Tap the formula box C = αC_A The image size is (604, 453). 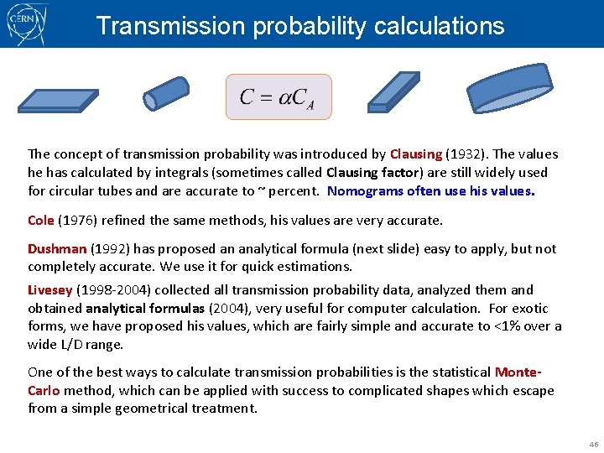[279, 96]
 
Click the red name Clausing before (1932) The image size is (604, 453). [415, 154]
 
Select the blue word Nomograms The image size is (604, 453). [365, 191]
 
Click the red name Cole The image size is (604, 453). [40, 221]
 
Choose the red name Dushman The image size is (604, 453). [57, 249]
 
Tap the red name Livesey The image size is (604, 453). [50, 290]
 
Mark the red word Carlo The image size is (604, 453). [44, 391]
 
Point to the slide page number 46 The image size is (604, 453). [593, 444]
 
